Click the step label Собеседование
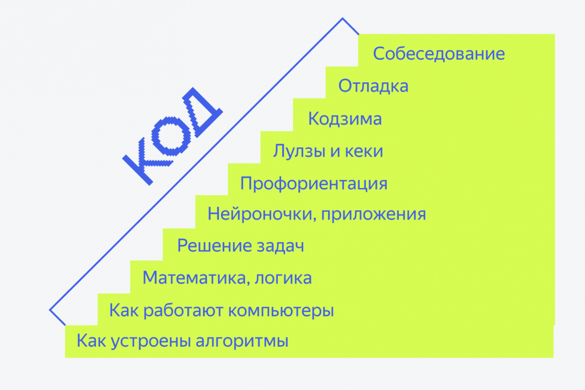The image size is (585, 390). tap(439, 54)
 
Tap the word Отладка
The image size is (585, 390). tap(373, 86)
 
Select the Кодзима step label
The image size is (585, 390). tap(345, 119)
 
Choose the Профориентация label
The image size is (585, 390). tap(314, 184)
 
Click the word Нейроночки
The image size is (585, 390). tap(259, 214)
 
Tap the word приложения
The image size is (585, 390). tap(373, 214)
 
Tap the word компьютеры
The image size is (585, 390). tap(280, 311)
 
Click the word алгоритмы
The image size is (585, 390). tap(242, 342)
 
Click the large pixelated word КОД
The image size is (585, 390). tap(172, 136)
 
